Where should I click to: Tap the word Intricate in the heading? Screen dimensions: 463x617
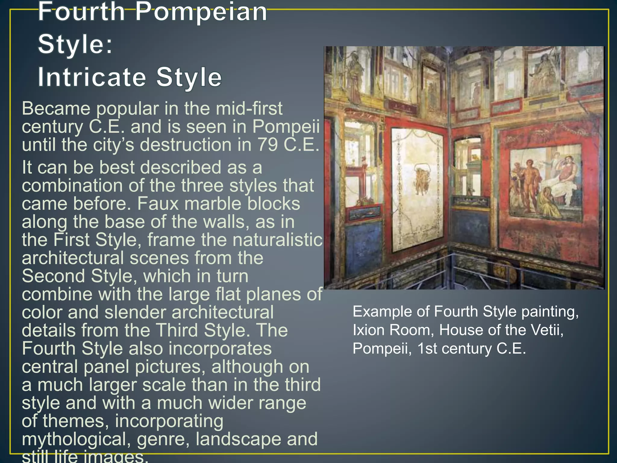coord(92,77)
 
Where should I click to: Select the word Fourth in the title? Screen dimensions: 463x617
coord(81,12)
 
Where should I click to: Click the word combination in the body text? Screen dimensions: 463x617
coord(72,186)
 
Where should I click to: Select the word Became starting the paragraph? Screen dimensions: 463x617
coord(56,109)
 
